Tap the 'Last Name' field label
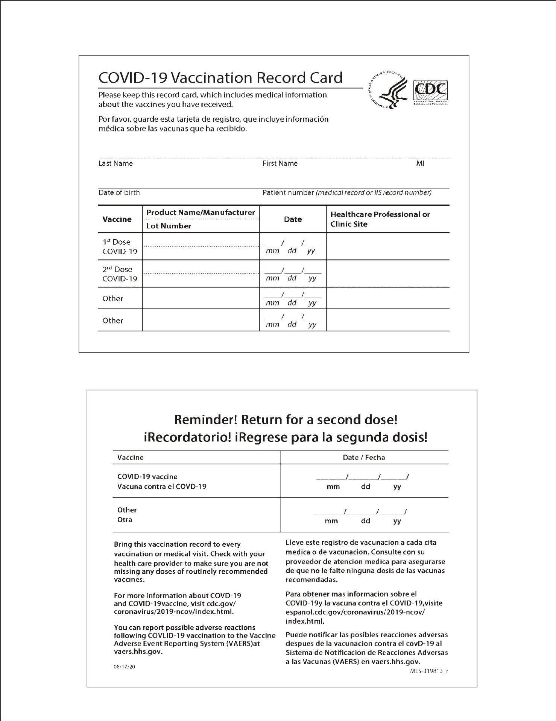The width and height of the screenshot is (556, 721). [115, 163]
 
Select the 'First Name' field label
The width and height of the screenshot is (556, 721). [280, 163]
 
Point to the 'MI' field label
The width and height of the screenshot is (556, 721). [420, 163]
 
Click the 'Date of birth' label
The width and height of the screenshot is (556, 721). [119, 193]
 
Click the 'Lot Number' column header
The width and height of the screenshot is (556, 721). [169, 226]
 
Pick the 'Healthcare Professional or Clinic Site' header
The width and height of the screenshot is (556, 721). [380, 219]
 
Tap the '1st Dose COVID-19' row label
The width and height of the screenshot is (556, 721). [120, 246]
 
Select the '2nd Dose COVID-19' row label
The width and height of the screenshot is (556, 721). [120, 274]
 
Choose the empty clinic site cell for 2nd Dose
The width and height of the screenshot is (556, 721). [387, 274]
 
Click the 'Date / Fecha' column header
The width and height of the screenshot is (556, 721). [364, 458]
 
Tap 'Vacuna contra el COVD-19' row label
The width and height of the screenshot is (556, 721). [162, 487]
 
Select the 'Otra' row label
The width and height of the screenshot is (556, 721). [125, 520]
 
